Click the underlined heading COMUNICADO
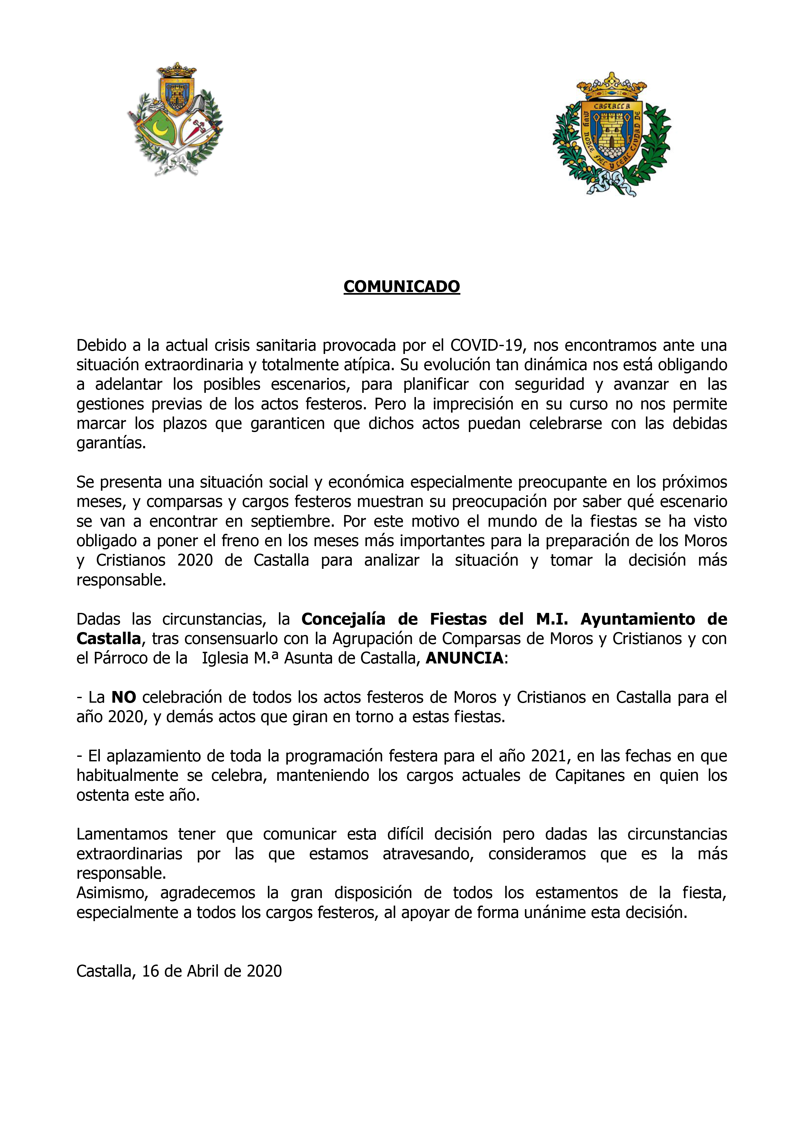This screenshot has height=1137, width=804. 401,287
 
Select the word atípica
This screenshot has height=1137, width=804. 363,365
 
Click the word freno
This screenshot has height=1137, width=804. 241,541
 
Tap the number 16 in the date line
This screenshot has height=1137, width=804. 151,971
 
